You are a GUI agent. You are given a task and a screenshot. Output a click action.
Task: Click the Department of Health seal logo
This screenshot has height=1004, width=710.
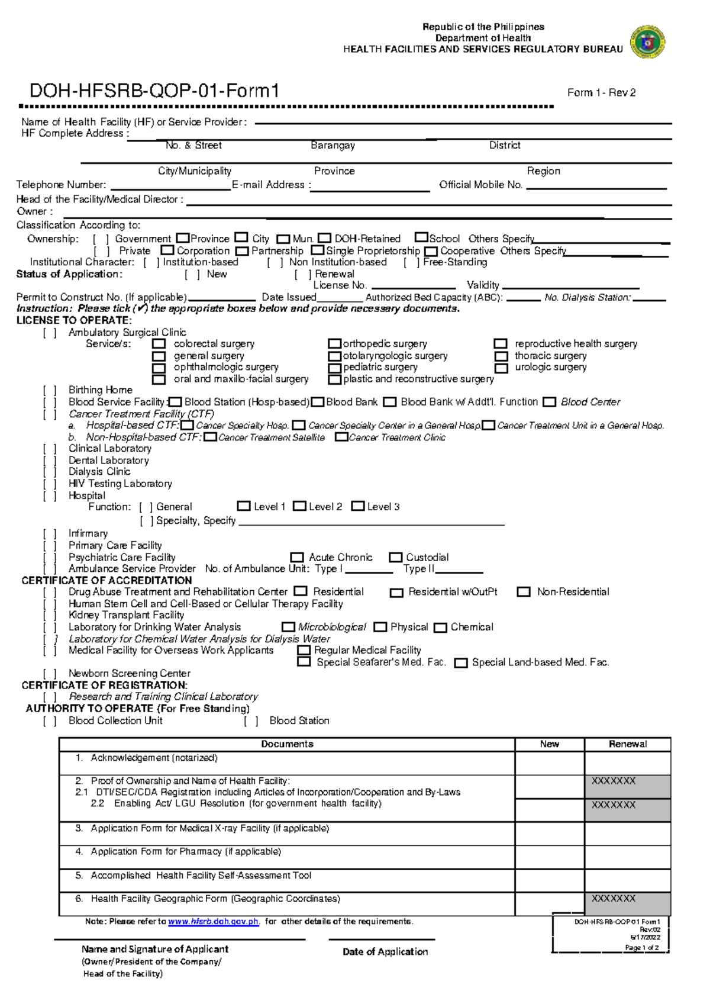click(x=648, y=41)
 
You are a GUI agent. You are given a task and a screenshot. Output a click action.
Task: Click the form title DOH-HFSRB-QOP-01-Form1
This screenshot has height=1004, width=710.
click(x=154, y=91)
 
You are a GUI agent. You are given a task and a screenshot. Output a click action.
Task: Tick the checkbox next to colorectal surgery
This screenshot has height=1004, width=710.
click(x=159, y=344)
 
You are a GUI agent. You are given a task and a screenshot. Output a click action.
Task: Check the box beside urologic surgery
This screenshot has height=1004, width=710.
click(x=501, y=368)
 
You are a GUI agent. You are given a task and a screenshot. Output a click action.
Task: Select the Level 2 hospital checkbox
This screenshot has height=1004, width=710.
click(x=300, y=507)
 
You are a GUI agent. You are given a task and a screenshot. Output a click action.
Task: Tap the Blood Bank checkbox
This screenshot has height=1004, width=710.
click(x=318, y=403)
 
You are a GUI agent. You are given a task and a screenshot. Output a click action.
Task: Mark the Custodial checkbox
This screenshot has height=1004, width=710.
click(x=395, y=558)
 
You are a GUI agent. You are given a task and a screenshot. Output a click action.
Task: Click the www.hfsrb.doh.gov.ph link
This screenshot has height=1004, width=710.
click(x=214, y=922)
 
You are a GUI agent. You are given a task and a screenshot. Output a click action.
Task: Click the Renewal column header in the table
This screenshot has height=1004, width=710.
click(x=627, y=744)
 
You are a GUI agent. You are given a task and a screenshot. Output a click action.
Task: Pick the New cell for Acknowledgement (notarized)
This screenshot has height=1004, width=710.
click(x=549, y=763)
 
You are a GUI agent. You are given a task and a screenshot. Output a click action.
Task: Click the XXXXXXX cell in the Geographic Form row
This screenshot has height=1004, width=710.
click(x=627, y=903)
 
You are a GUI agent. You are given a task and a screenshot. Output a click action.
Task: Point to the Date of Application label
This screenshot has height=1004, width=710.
click(x=385, y=952)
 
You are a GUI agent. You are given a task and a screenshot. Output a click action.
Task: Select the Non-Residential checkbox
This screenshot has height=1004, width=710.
click(x=524, y=592)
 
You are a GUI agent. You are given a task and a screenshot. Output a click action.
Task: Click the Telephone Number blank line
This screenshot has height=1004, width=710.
click(x=170, y=187)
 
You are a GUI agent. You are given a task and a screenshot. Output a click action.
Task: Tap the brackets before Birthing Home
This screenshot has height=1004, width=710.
click(x=50, y=390)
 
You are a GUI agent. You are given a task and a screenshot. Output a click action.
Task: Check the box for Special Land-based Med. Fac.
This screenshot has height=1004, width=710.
click(x=461, y=663)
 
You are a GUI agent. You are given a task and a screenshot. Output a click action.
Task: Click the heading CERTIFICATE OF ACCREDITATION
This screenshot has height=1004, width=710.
click(x=106, y=581)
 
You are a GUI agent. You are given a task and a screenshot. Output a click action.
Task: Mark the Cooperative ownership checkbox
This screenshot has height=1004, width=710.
click(x=431, y=252)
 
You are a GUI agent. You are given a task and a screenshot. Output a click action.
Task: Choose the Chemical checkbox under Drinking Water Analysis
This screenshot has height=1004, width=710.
click(x=440, y=627)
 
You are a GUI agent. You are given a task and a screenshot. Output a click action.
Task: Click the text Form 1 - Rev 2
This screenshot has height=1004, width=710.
click(x=601, y=93)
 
